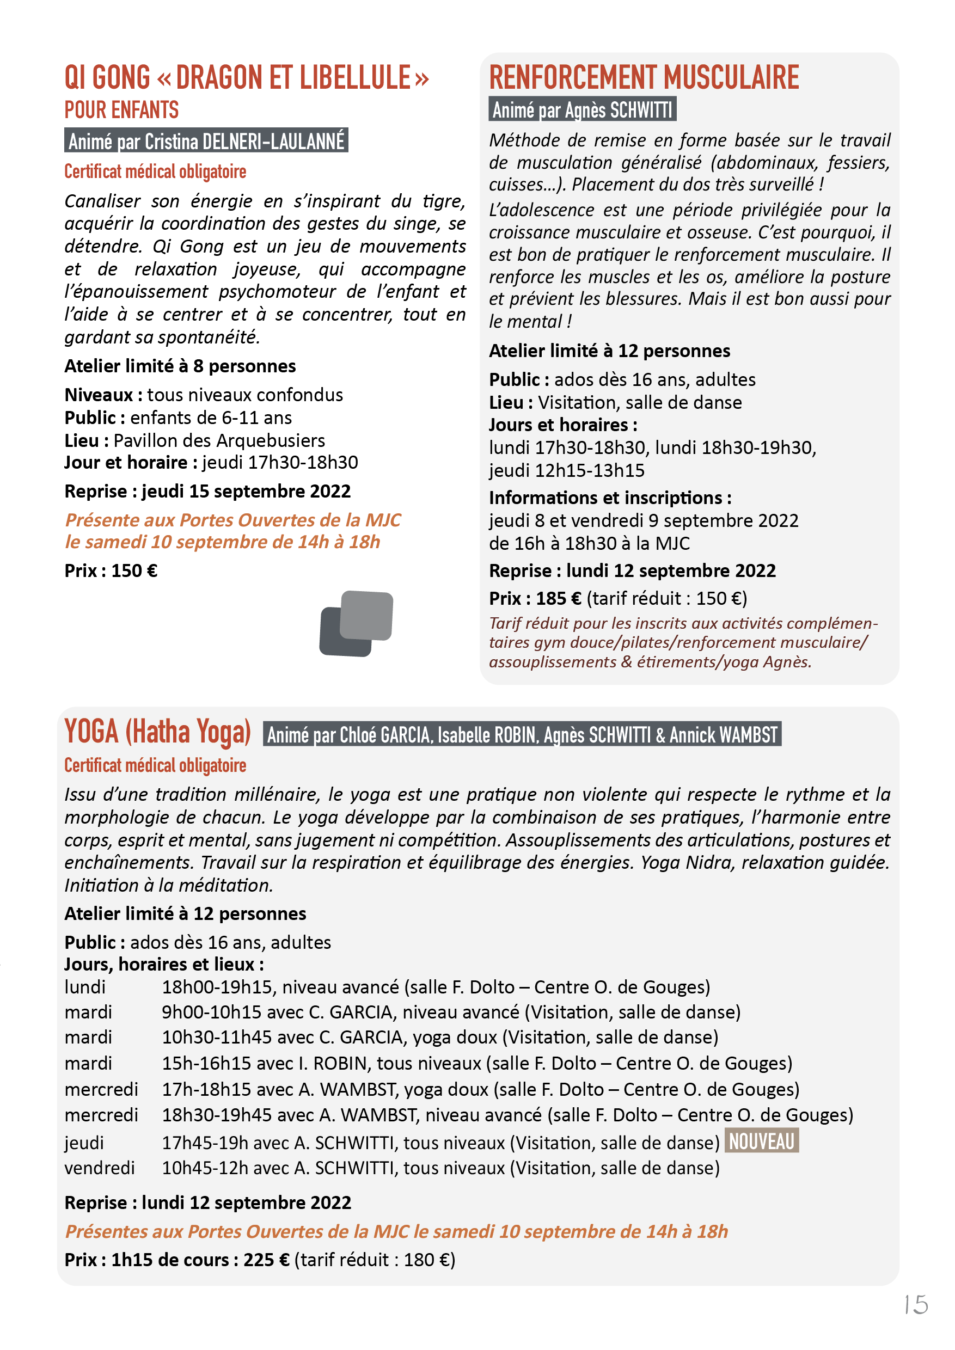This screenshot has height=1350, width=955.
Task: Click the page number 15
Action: (x=916, y=1305)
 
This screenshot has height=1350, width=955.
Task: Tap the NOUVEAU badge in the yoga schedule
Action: (x=762, y=1140)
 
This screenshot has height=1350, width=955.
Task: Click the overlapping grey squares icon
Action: (x=357, y=623)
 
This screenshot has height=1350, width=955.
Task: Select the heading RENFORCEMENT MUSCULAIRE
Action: (x=644, y=78)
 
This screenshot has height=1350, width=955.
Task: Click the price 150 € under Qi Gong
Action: (x=134, y=571)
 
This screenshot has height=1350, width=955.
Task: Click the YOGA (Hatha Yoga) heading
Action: (x=157, y=732)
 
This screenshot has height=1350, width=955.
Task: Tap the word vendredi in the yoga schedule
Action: (x=100, y=1168)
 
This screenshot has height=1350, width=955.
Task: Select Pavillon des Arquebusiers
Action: (x=219, y=440)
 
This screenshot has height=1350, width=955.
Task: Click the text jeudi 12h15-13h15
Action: (x=566, y=470)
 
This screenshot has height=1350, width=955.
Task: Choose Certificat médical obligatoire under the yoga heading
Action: (x=155, y=765)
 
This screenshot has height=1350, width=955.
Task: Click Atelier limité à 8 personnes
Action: (x=180, y=366)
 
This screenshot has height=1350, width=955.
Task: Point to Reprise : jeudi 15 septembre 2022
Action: (x=207, y=491)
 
